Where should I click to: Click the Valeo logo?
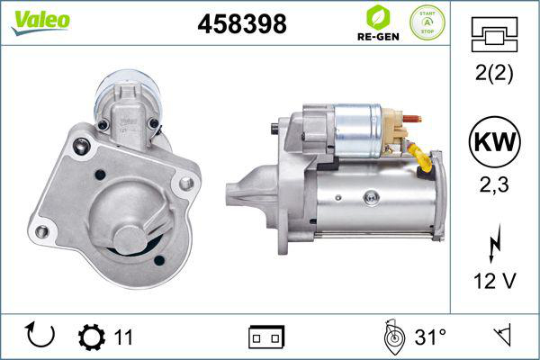coord(40,21)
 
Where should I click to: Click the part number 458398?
coord(241,25)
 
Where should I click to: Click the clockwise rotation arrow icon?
coord(41,336)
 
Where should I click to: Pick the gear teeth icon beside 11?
coord(93,337)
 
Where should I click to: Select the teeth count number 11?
coord(124,337)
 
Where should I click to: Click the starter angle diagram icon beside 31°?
coord(392,337)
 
